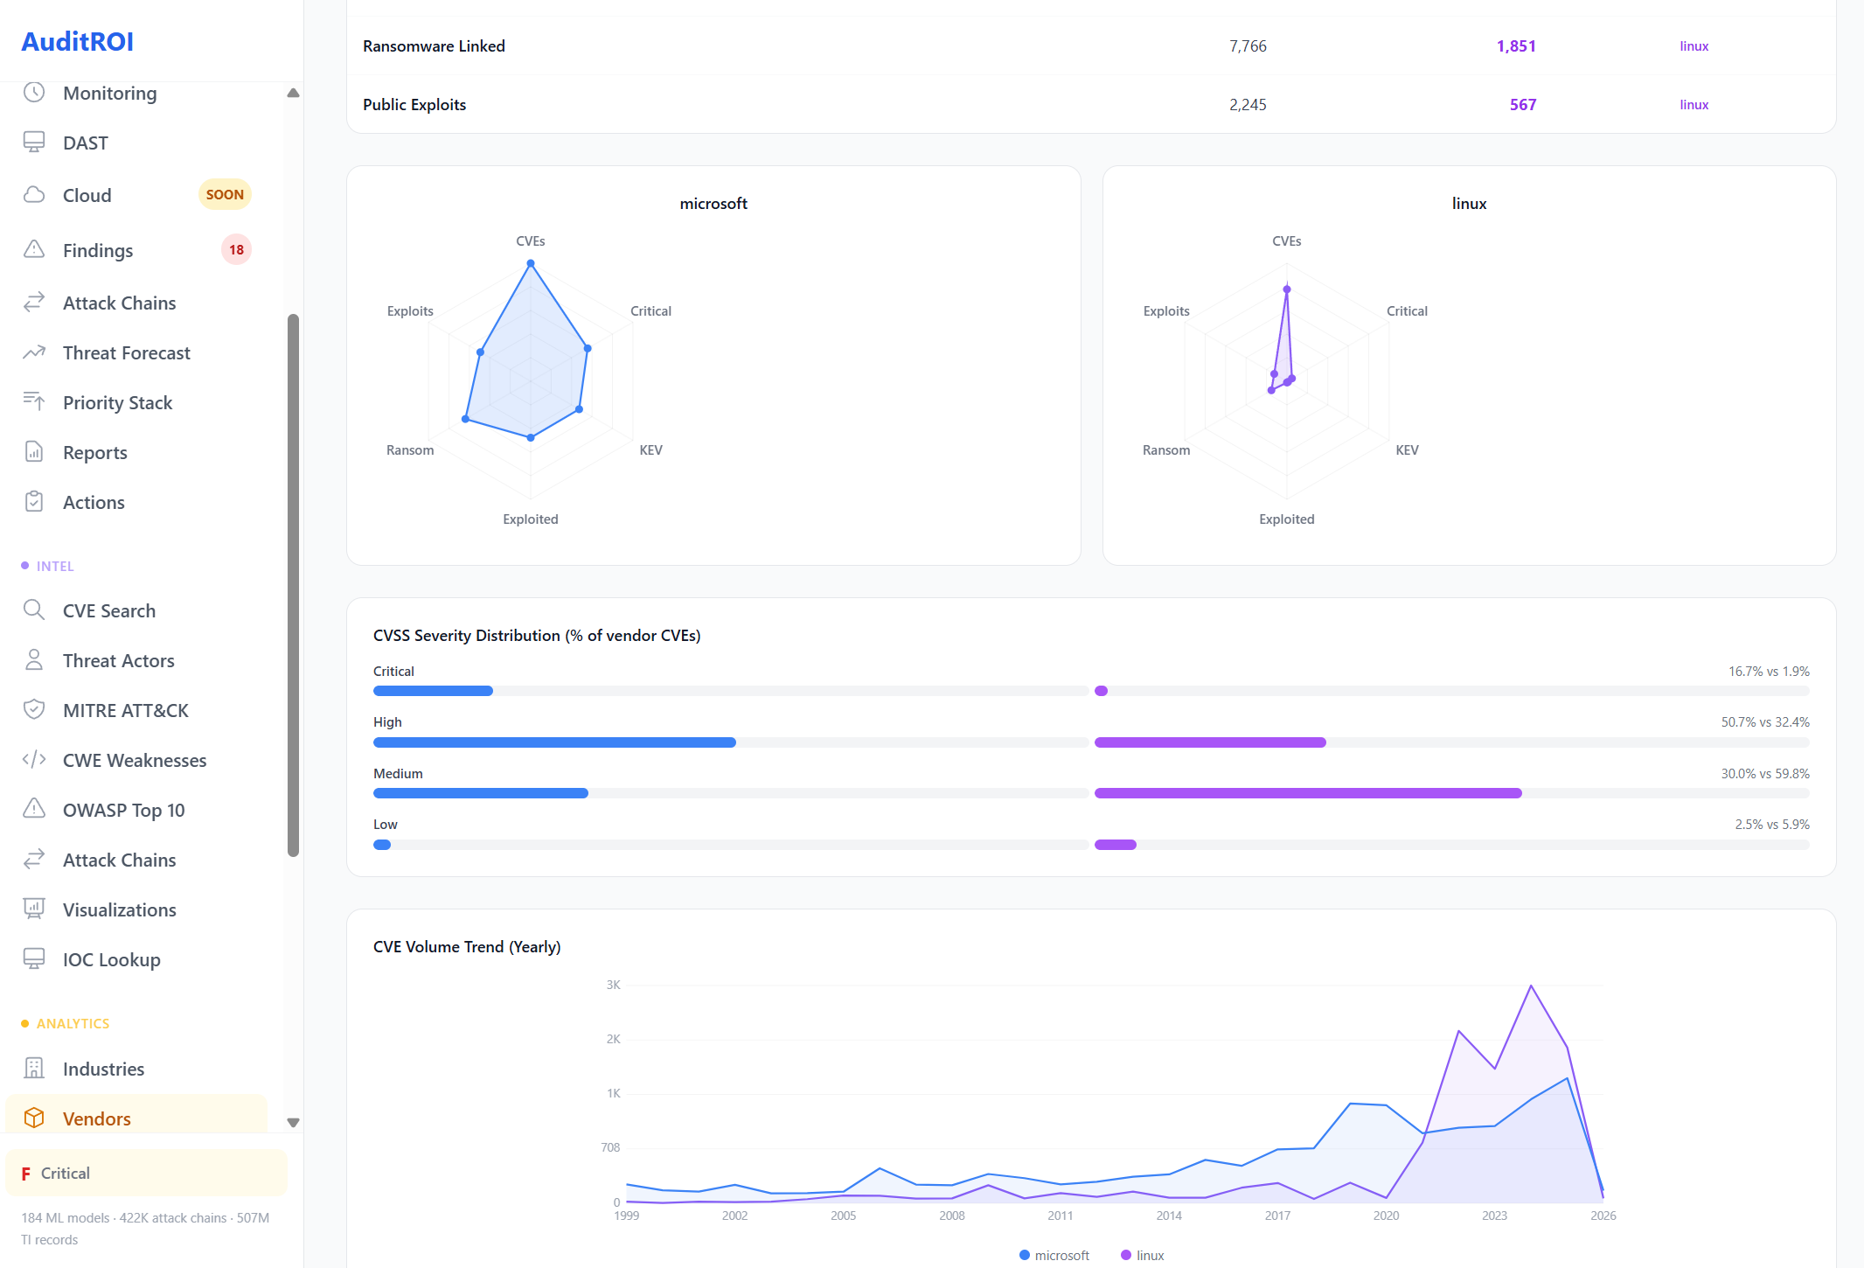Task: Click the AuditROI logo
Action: (x=77, y=41)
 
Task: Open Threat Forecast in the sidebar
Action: (x=126, y=352)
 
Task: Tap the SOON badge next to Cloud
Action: (x=225, y=194)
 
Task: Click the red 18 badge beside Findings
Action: (x=236, y=249)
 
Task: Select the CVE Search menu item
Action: (x=108, y=610)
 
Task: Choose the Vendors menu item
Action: (x=96, y=1118)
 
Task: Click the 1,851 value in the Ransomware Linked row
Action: (x=1515, y=46)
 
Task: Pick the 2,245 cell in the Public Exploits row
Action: (x=1247, y=105)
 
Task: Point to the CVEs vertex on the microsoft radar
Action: (x=531, y=263)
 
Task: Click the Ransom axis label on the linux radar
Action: (x=1165, y=449)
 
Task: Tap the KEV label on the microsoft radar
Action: (x=650, y=449)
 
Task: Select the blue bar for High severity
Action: (x=554, y=742)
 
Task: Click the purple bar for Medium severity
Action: (x=1307, y=793)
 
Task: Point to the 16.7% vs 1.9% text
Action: (x=1768, y=671)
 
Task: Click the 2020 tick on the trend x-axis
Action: (x=1386, y=1216)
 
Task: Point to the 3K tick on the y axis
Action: (x=613, y=985)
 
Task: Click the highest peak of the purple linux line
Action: (x=1531, y=986)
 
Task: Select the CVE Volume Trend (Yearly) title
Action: (x=467, y=946)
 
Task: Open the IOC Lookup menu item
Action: (x=111, y=959)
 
